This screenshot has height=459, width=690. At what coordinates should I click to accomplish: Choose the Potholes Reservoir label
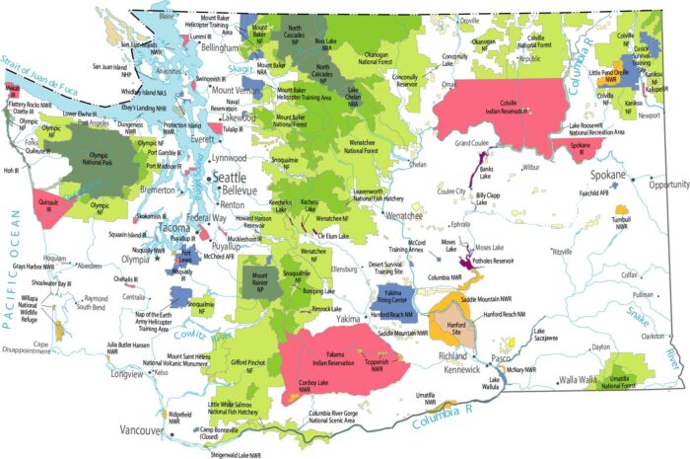[x=495, y=262]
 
